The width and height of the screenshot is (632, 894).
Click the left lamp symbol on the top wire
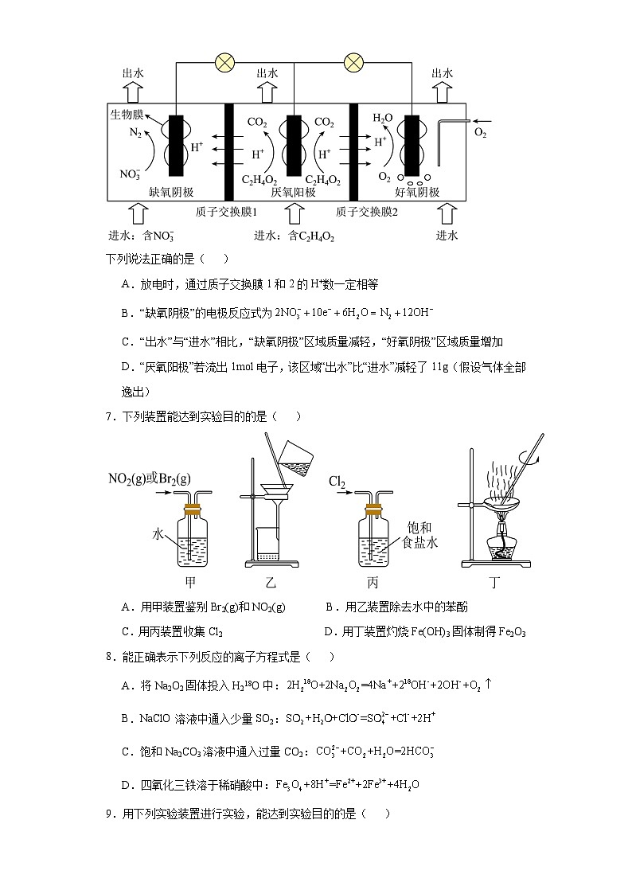click(227, 63)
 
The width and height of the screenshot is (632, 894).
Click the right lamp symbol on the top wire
click(353, 63)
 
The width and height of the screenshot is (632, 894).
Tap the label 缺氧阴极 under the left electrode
click(171, 192)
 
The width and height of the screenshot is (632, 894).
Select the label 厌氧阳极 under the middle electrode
click(293, 192)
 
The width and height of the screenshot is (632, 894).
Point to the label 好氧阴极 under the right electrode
click(417, 192)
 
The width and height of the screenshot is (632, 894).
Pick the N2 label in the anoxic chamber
click(136, 134)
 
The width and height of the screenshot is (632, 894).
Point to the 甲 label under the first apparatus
click(190, 583)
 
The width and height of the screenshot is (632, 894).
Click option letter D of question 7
click(330, 631)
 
